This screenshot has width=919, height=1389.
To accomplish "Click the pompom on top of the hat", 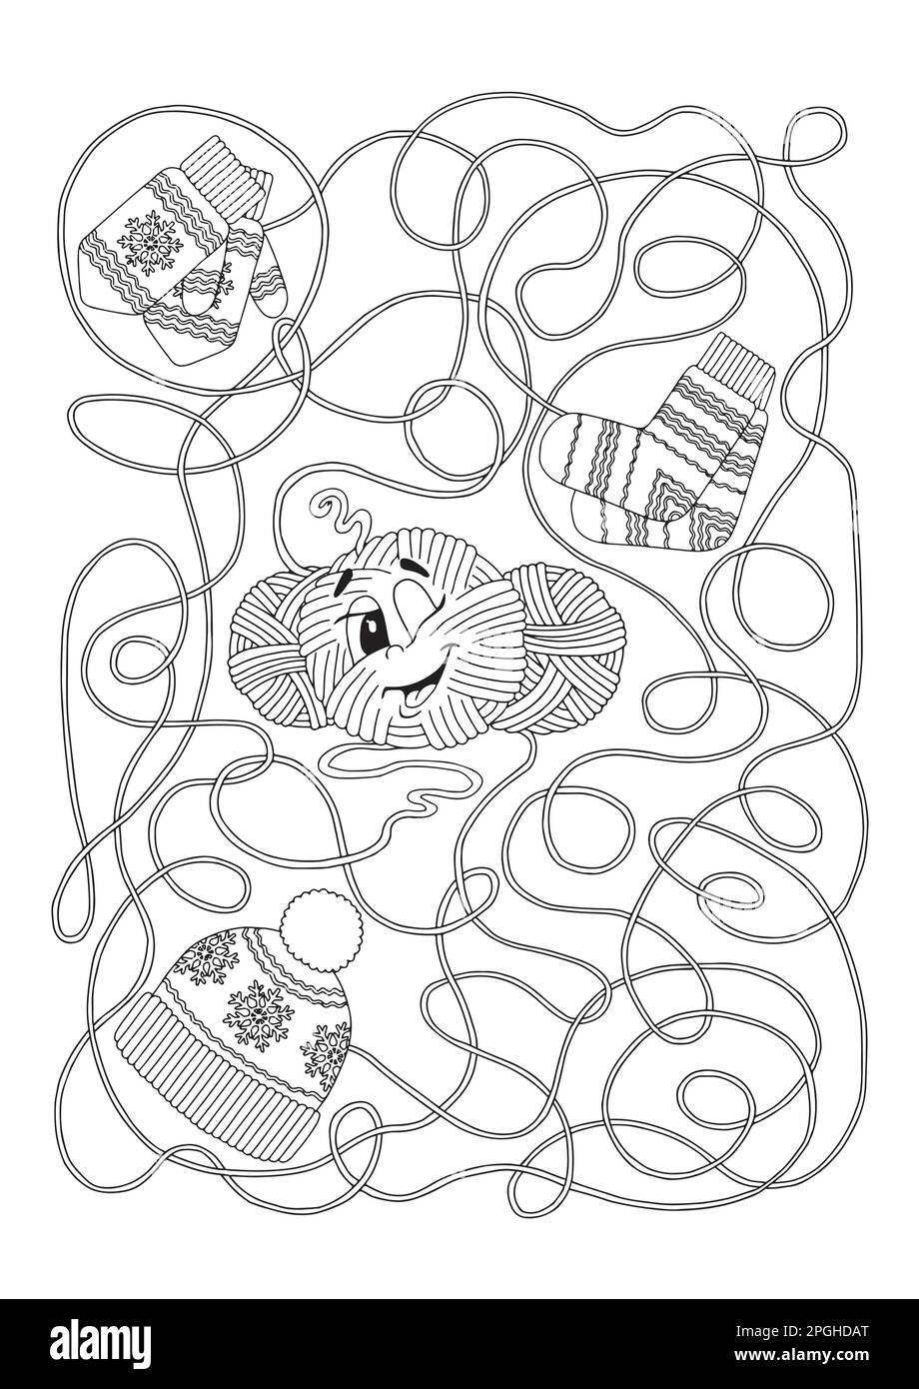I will [310, 928].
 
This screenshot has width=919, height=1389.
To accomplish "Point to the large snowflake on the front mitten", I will [144, 239].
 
